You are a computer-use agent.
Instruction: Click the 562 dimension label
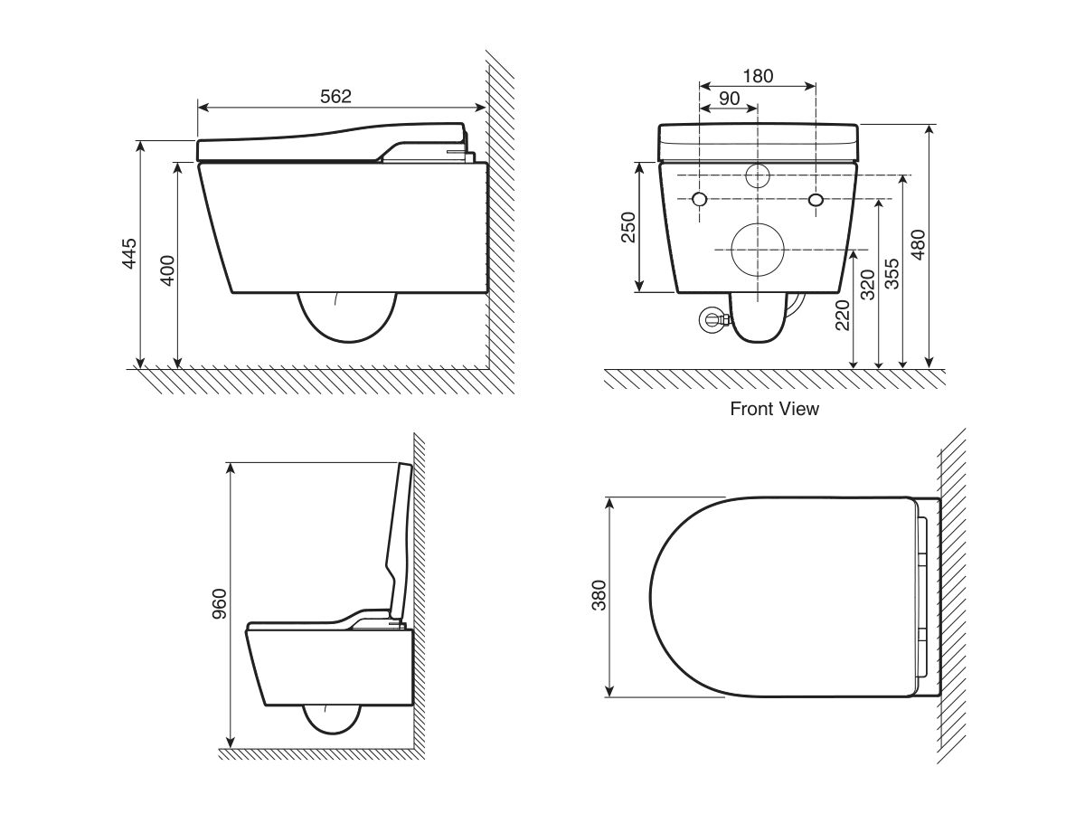(335, 97)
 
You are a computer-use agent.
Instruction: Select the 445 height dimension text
(129, 253)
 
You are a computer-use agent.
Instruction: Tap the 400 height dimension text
(168, 270)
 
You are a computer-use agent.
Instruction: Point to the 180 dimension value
(758, 76)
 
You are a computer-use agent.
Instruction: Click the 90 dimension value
(729, 99)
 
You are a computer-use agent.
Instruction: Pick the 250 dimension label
(627, 227)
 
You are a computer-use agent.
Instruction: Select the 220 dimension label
(842, 316)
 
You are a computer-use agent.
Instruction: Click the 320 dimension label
(867, 285)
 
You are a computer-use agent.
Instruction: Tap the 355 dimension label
(892, 273)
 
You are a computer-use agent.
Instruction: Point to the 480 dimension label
(918, 244)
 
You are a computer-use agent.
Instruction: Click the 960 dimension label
(219, 604)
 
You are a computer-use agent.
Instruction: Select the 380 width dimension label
(599, 595)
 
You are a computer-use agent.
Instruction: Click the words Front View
(774, 409)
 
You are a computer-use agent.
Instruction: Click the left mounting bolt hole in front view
(700, 199)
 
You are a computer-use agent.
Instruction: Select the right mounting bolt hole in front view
(816, 199)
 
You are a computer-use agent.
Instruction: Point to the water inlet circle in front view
(758, 164)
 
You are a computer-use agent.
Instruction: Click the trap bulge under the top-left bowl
(347, 340)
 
